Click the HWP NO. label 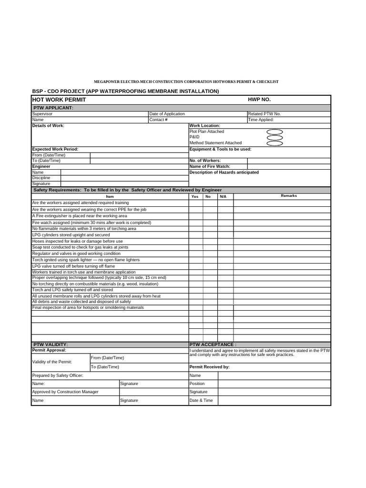coord(259,100)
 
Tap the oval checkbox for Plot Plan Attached coord(274,132)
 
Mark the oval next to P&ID coord(274,138)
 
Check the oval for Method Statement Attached coord(274,143)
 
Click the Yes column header coord(194,196)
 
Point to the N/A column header coord(223,196)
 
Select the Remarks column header coord(289,196)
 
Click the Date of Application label coord(167,114)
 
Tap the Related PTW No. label coord(264,114)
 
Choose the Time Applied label coord(261,120)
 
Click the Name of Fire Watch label coord(210,167)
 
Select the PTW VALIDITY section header coord(51,344)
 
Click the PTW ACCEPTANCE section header coord(213,344)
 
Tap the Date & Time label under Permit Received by coord(201,400)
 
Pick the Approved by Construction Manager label coord(65,392)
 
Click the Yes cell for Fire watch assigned coord(195,223)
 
